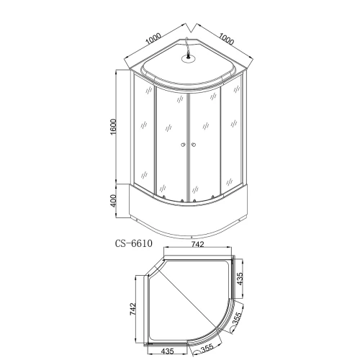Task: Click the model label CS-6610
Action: pyautogui.click(x=134, y=243)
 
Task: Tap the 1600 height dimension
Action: pyautogui.click(x=113, y=127)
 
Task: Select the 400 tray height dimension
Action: pyautogui.click(x=113, y=200)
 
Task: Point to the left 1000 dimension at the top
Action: pyautogui.click(x=153, y=39)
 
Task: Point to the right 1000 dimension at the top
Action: pyautogui.click(x=226, y=39)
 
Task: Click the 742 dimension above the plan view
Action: pyautogui.click(x=197, y=244)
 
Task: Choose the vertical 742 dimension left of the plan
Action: pyautogui.click(x=132, y=309)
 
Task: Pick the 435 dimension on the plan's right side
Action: pyautogui.click(x=240, y=279)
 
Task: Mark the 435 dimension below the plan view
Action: pyautogui.click(x=167, y=351)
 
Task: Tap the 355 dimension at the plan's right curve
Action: pyautogui.click(x=237, y=319)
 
